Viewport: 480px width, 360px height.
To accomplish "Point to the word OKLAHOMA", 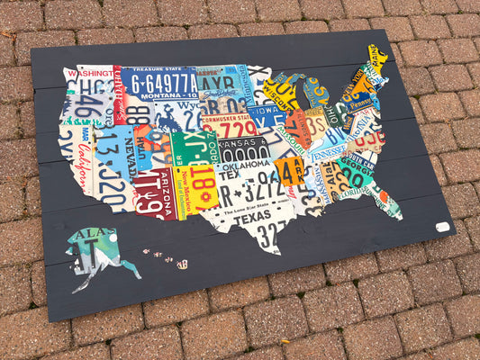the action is (x=242, y=165).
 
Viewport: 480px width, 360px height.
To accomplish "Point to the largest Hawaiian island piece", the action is (x=182, y=265).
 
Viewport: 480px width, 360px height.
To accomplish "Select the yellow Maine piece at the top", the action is (x=378, y=59).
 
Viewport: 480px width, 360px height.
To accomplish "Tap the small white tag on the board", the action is (x=442, y=227).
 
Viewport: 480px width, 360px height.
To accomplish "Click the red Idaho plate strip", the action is (x=118, y=94).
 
